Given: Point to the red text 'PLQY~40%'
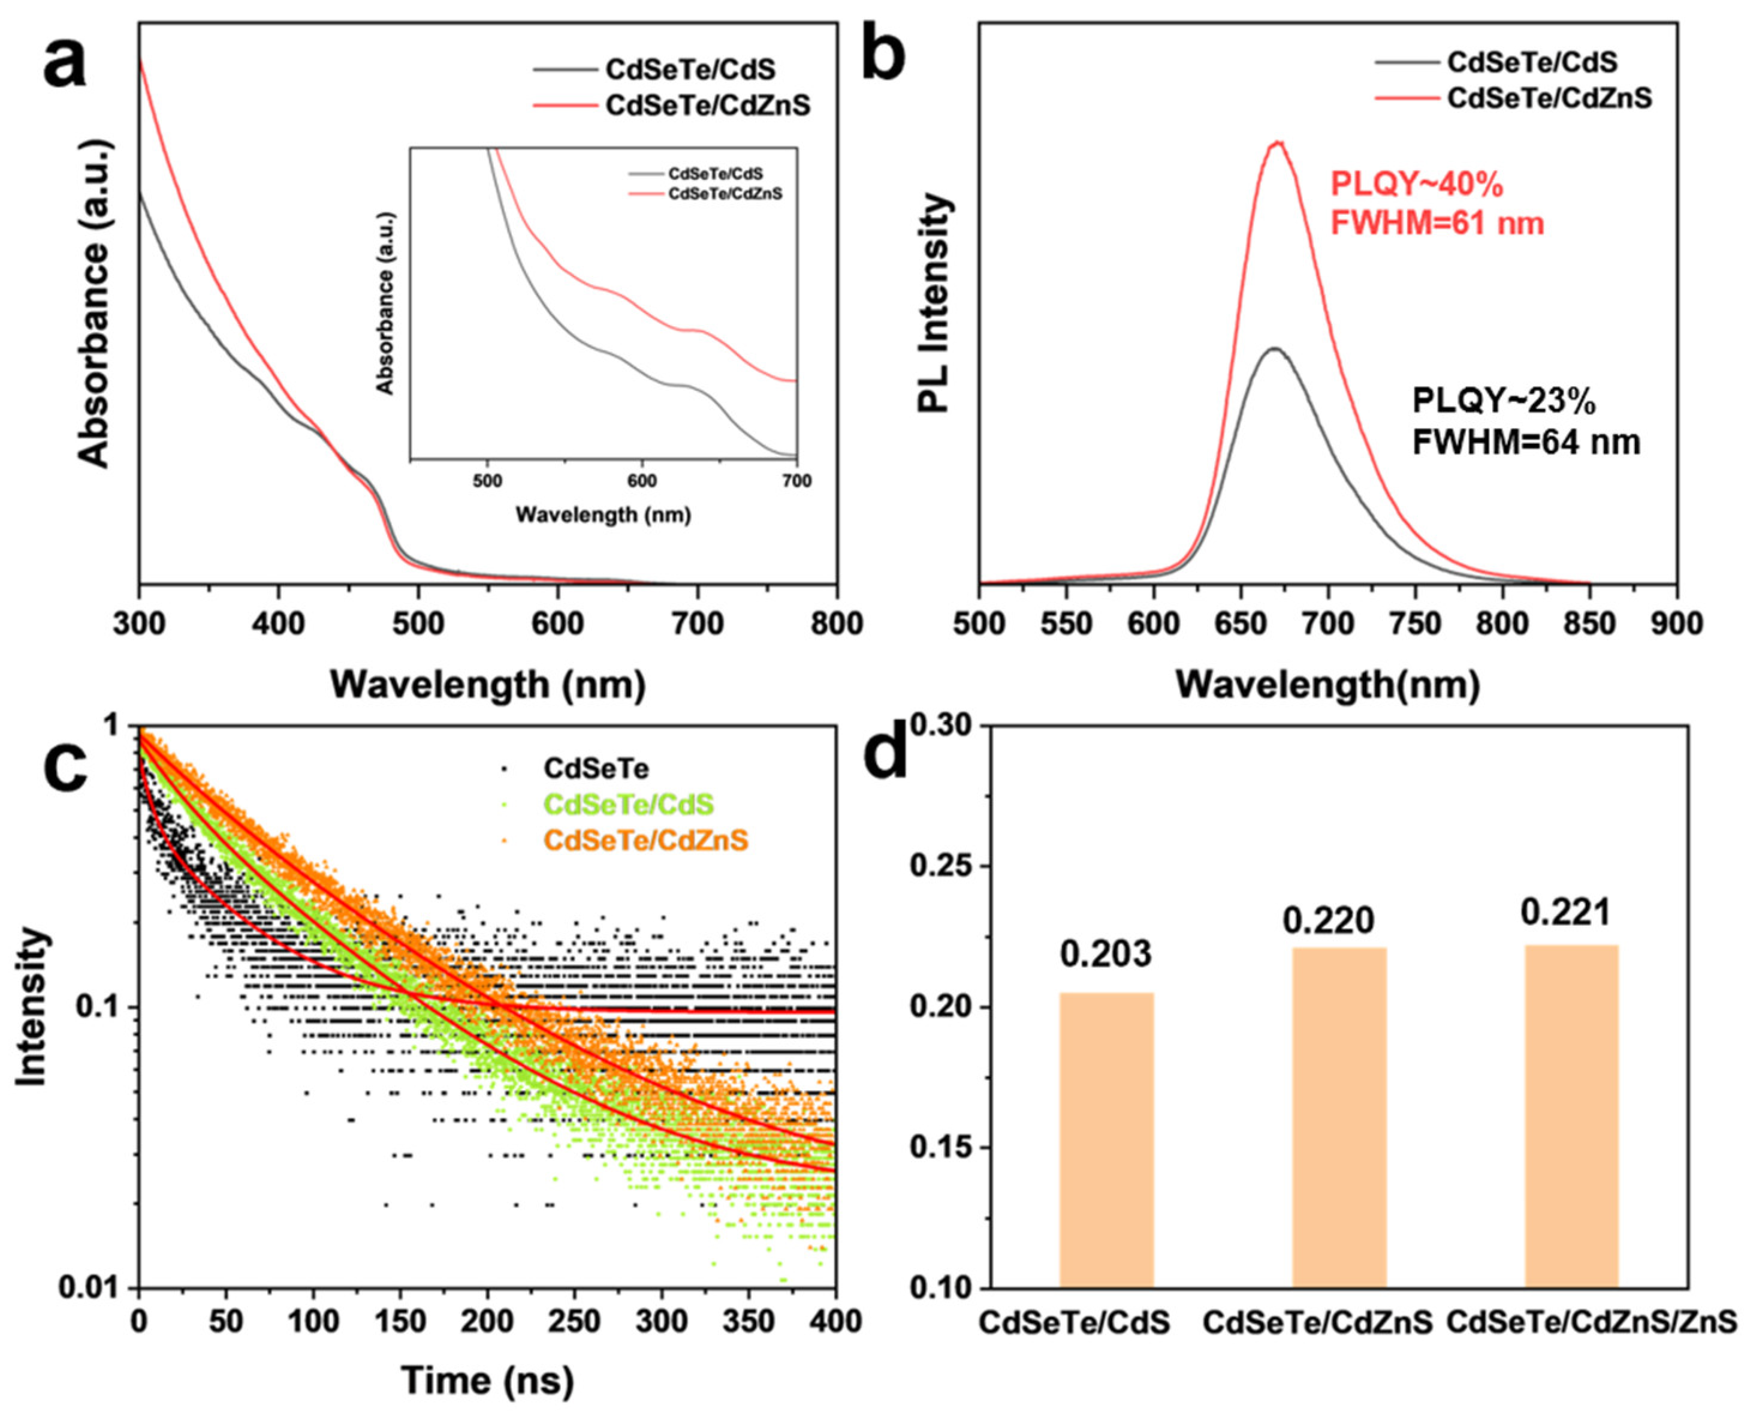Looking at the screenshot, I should [x=1417, y=185].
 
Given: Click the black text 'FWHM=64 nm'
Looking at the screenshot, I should [x=1526, y=442].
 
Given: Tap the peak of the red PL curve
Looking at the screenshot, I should [x=1278, y=143].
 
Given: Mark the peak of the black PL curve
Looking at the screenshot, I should [x=1274, y=348].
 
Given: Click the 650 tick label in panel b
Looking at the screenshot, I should [x=1240, y=624].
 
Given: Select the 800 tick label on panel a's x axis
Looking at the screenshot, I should [x=837, y=624].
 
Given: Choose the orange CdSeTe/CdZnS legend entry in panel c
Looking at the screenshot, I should [x=645, y=840].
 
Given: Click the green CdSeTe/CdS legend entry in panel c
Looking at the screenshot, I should [x=628, y=804].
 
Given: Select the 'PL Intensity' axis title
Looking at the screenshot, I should [x=936, y=303].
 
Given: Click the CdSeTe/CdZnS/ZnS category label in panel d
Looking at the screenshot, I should [x=1591, y=1322].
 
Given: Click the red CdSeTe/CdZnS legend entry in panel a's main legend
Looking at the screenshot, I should [x=707, y=106].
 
